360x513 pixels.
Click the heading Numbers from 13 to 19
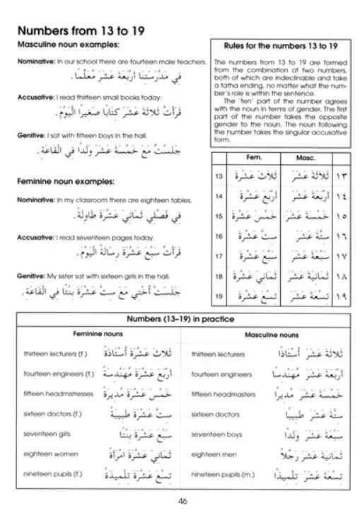pos(86,31)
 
